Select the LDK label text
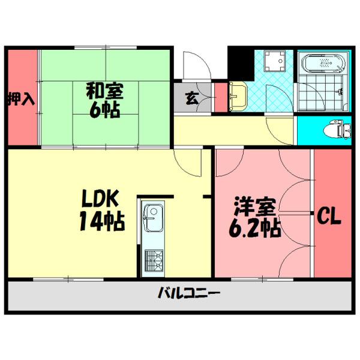click(101, 199)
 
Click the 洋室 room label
click(255, 208)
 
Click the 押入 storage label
click(20, 98)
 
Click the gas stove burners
click(154, 260)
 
